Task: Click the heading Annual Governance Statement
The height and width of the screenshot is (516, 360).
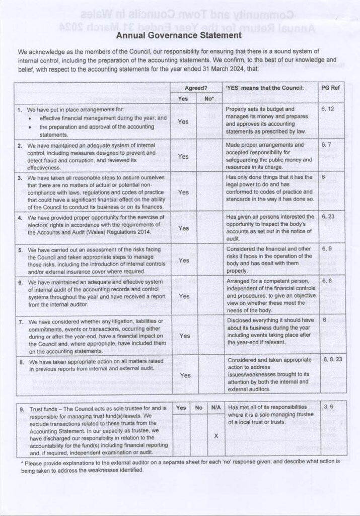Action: tap(179, 36)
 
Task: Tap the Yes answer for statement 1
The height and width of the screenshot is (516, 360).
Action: tap(183, 121)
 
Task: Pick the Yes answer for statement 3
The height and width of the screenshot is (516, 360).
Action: tap(183, 192)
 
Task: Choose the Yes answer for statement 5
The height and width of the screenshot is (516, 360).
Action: tap(183, 260)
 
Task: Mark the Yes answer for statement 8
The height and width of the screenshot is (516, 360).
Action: tap(185, 375)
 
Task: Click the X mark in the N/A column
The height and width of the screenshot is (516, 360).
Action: tap(215, 435)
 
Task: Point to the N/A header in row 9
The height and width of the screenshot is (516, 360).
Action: tap(215, 408)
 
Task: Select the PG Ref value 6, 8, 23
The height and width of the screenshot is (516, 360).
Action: tap(332, 360)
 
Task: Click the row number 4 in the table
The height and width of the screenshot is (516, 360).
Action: tap(20, 218)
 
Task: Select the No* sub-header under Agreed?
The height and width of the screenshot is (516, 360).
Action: tap(209, 99)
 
